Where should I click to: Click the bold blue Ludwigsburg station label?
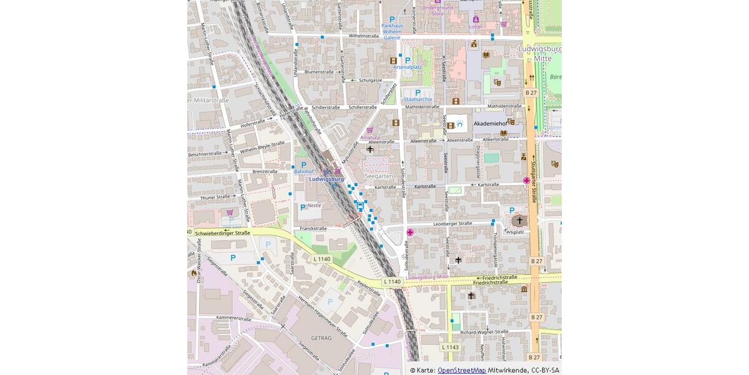tap(326, 179)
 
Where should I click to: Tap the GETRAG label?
tap(321, 338)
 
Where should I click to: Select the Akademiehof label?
tap(490, 124)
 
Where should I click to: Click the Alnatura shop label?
tap(370, 137)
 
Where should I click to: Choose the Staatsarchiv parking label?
tap(418, 99)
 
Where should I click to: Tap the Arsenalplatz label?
tap(408, 67)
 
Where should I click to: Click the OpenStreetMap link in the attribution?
tap(461, 370)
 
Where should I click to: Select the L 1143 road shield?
tap(450, 347)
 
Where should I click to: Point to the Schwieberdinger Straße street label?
tap(222, 233)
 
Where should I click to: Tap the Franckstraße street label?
tap(313, 229)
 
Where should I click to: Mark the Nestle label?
tap(314, 206)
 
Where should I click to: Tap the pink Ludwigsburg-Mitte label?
tap(427, 277)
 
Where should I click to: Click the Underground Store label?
tap(438, 10)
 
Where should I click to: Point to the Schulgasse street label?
tap(370, 80)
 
